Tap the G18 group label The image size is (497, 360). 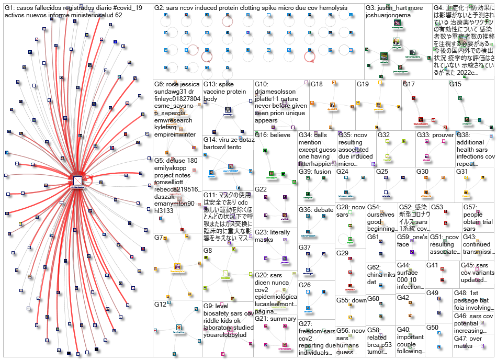pos(317,84)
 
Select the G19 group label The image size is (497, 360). pos(363,84)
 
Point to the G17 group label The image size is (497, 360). pos(409,84)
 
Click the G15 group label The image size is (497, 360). pos(455,84)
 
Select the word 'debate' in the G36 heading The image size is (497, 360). pos(324,210)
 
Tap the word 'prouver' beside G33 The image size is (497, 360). pos(444,135)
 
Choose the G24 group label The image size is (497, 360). pos(343,172)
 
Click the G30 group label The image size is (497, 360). pos(422,172)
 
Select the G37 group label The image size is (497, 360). pos(305,248)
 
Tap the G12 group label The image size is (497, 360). pos(161,305)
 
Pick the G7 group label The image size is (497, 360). pos(159,238)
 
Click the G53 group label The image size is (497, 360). pos(437,207)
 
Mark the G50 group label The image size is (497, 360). pos(432,328)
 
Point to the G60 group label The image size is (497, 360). pos(373,299)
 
